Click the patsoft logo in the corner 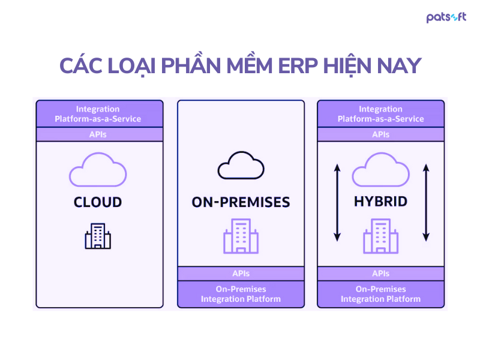[446, 17]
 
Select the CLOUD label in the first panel [98, 202]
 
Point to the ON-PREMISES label [241, 202]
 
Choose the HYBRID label [380, 202]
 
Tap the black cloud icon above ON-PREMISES [241, 166]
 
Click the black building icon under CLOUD [98, 236]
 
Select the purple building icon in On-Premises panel [241, 236]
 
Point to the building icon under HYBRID [380, 236]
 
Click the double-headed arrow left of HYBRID [337, 202]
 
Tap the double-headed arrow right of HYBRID [425, 202]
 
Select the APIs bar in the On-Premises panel [241, 274]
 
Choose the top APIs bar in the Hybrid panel [380, 134]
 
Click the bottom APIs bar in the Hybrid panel [380, 274]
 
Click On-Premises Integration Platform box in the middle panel [241, 294]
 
